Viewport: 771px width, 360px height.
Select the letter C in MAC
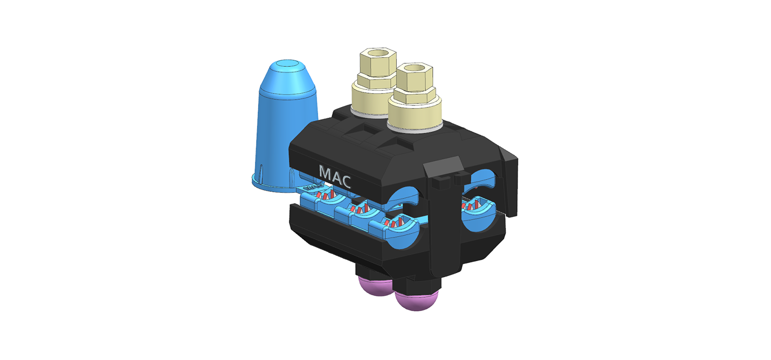pos(345,182)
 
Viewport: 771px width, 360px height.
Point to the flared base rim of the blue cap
pos(272,186)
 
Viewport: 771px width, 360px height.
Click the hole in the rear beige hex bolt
pos(378,53)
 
